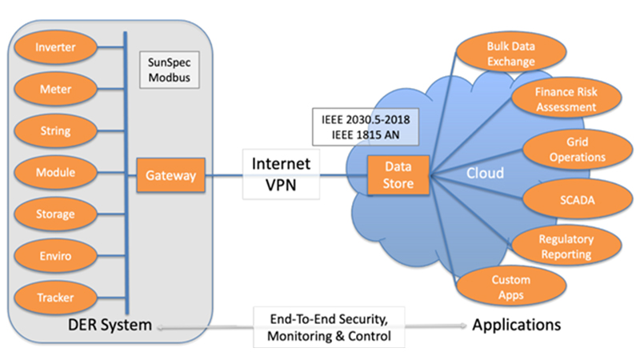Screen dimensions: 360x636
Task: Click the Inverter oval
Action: pos(56,47)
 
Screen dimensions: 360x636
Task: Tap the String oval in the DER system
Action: pos(56,130)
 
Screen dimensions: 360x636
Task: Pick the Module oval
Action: pos(56,171)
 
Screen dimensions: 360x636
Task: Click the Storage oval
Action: pos(56,214)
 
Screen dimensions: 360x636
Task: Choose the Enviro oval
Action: pos(56,255)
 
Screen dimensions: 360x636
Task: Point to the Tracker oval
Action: pos(56,298)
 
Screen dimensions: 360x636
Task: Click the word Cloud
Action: pos(486,173)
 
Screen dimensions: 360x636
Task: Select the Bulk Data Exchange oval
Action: pos(500,53)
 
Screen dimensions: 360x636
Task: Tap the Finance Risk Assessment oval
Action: pos(566,99)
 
